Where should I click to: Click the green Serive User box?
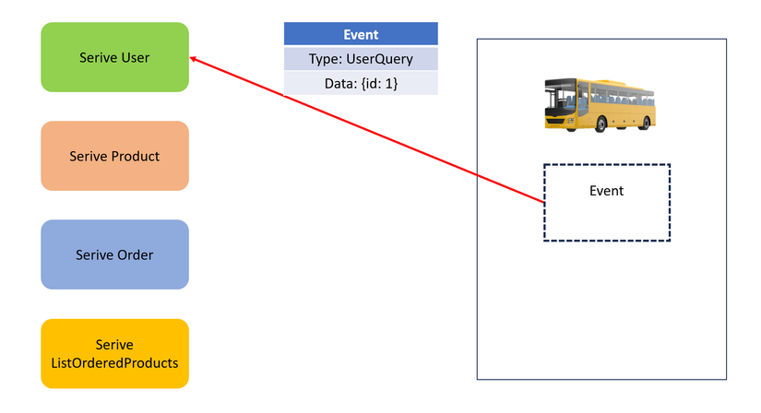(115, 57)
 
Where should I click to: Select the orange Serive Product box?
(115, 156)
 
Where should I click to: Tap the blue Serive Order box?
(115, 254)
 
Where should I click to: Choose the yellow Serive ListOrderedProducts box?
(115, 354)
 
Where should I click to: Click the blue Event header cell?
(361, 35)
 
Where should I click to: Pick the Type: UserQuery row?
(361, 60)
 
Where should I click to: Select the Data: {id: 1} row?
(361, 84)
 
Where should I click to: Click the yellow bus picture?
(600, 103)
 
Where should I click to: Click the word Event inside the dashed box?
(606, 191)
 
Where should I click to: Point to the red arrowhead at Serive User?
(193, 59)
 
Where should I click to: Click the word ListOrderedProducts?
(115, 362)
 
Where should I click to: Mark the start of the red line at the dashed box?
(543, 201)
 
